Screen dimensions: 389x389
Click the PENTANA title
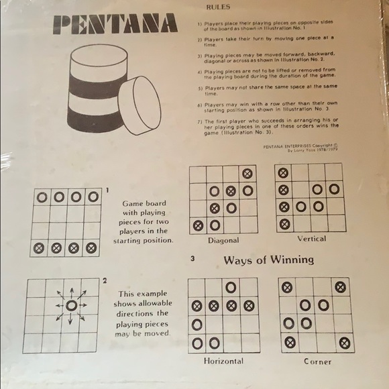click(115, 25)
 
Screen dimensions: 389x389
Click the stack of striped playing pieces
click(97, 88)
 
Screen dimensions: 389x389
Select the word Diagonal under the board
click(223, 240)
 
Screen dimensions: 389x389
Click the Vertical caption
click(311, 238)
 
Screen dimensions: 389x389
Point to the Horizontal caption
click(223, 361)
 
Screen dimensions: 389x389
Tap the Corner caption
click(317, 361)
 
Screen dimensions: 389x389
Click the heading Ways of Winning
click(268, 260)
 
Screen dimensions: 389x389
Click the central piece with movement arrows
click(71, 305)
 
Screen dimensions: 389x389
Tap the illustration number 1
click(107, 190)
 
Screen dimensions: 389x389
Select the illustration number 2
click(105, 280)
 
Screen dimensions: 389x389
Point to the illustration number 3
click(192, 259)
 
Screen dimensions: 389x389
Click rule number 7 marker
click(199, 121)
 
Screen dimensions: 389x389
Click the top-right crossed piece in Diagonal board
click(247, 173)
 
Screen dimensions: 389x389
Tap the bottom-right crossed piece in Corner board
click(344, 343)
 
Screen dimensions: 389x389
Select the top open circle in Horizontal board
click(231, 288)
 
